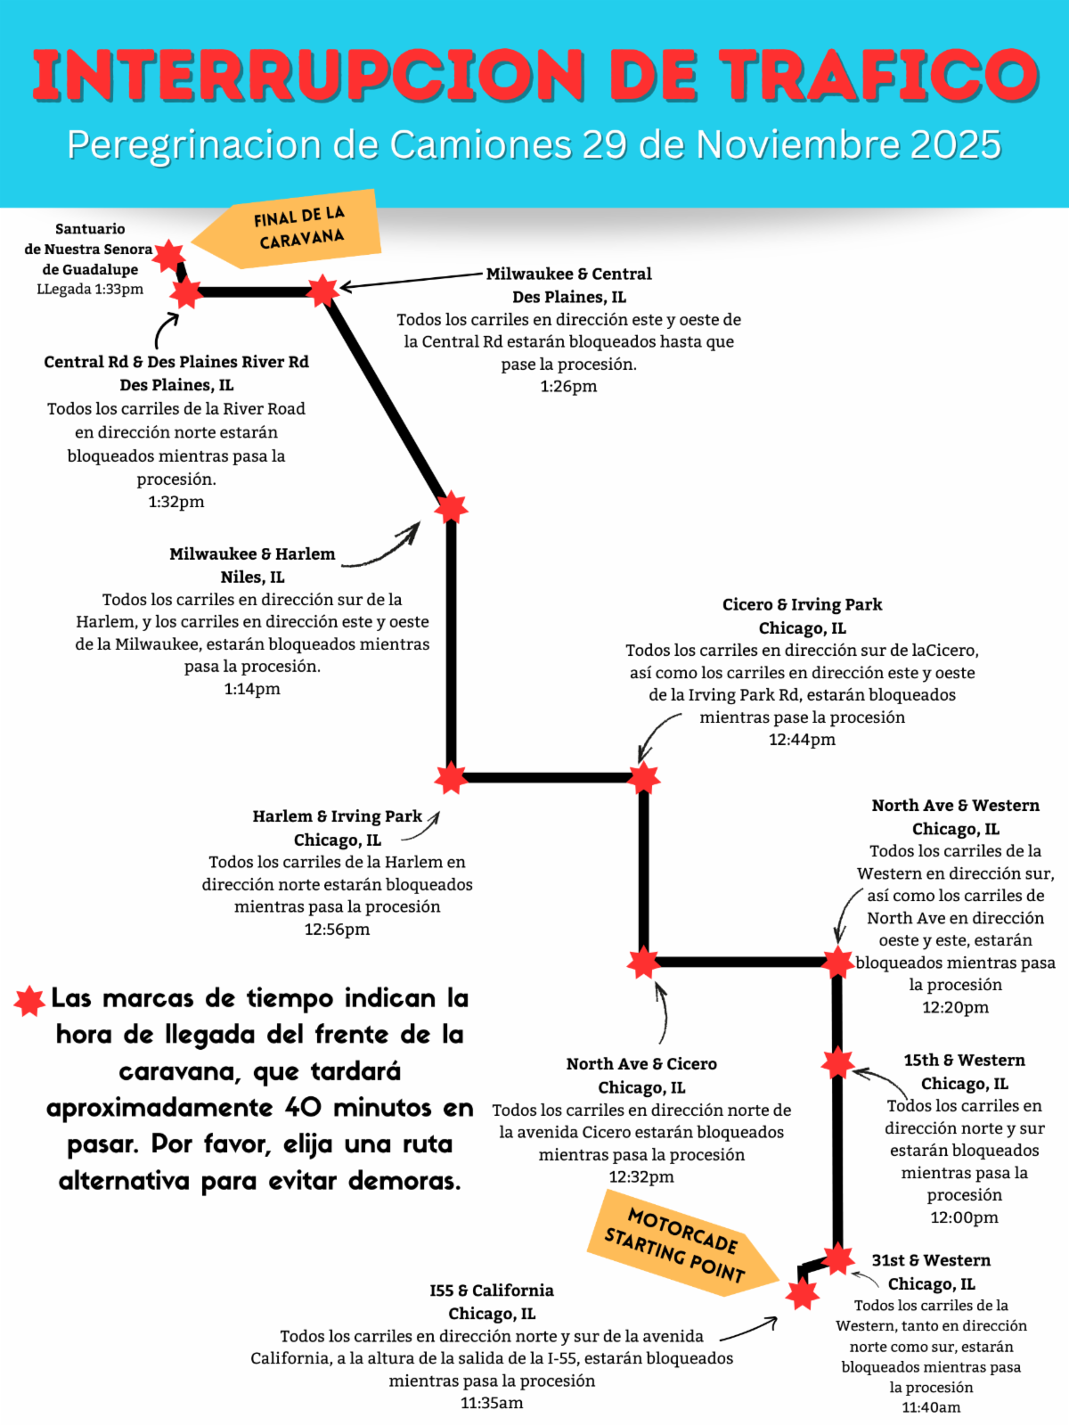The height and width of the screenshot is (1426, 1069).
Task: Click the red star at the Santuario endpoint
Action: pyautogui.click(x=167, y=255)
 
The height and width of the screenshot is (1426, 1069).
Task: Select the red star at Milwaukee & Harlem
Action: pyautogui.click(x=451, y=507)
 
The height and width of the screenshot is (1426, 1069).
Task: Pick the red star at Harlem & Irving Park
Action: pyautogui.click(x=451, y=778)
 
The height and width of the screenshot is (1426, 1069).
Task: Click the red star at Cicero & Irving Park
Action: pyautogui.click(x=643, y=778)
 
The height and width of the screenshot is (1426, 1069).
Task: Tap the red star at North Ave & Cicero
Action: pyautogui.click(x=643, y=963)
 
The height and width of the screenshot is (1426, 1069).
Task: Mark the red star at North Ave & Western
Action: pyautogui.click(x=837, y=963)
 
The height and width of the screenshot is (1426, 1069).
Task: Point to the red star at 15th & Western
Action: pyautogui.click(x=837, y=1062)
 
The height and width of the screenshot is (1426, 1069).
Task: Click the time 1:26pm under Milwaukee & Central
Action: pyautogui.click(x=568, y=386)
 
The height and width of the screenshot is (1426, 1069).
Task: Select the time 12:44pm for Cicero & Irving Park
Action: pyautogui.click(x=802, y=739)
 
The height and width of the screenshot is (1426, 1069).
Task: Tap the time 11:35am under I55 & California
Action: pyautogui.click(x=492, y=1403)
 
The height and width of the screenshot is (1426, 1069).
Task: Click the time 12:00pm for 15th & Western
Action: pyautogui.click(x=964, y=1217)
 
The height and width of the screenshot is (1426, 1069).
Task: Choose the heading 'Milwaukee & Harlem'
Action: pyautogui.click(x=252, y=553)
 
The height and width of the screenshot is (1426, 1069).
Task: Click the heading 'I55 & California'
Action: pyautogui.click(x=492, y=1291)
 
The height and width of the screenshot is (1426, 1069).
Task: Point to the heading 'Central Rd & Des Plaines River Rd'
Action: pyautogui.click(x=176, y=362)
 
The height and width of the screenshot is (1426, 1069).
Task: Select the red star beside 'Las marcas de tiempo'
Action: pyautogui.click(x=29, y=1001)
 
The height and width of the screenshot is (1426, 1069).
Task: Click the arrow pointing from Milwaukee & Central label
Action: pyautogui.click(x=410, y=281)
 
